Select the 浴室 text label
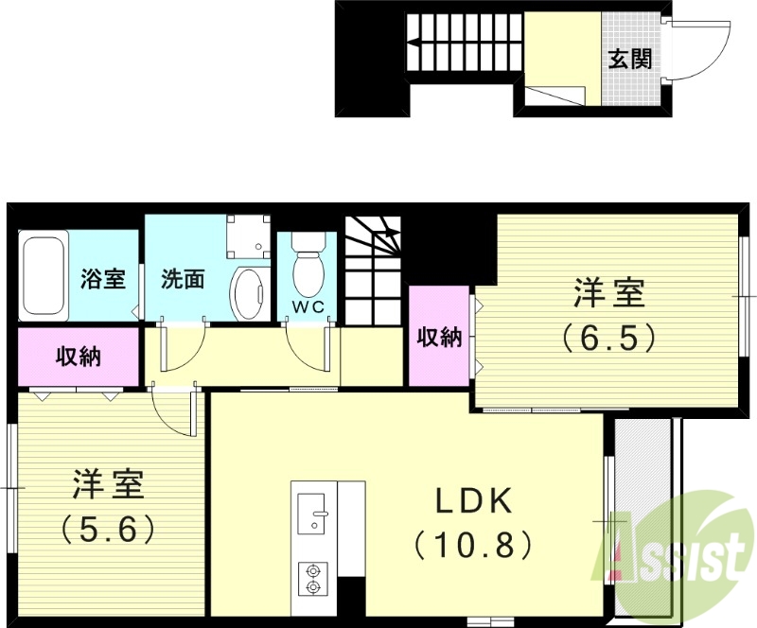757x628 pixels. pyautogui.click(x=103, y=279)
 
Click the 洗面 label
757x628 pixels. pyautogui.click(x=183, y=279)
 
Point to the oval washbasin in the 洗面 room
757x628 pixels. pyautogui.click(x=249, y=293)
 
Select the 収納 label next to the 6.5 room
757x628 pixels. pyautogui.click(x=439, y=337)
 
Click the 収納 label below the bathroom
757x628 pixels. pyautogui.click(x=79, y=357)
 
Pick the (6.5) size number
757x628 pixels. pyautogui.click(x=608, y=338)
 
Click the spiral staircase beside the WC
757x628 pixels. pyautogui.click(x=374, y=270)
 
